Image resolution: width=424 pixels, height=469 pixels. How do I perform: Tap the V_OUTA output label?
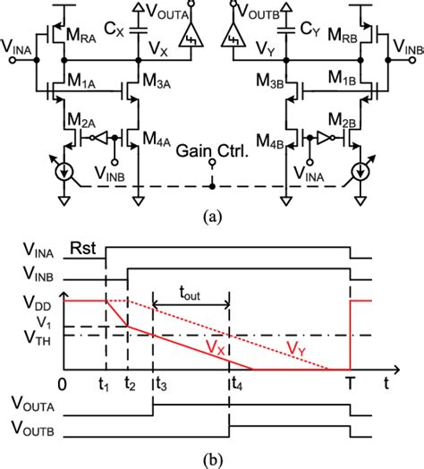point(174,14)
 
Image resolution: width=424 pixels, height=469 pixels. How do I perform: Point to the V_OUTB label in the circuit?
point(255,14)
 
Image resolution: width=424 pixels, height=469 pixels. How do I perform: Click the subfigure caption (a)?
point(211,216)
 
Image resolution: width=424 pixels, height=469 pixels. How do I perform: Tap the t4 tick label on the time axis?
point(234,386)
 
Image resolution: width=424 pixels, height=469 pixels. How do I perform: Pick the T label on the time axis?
point(349,386)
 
